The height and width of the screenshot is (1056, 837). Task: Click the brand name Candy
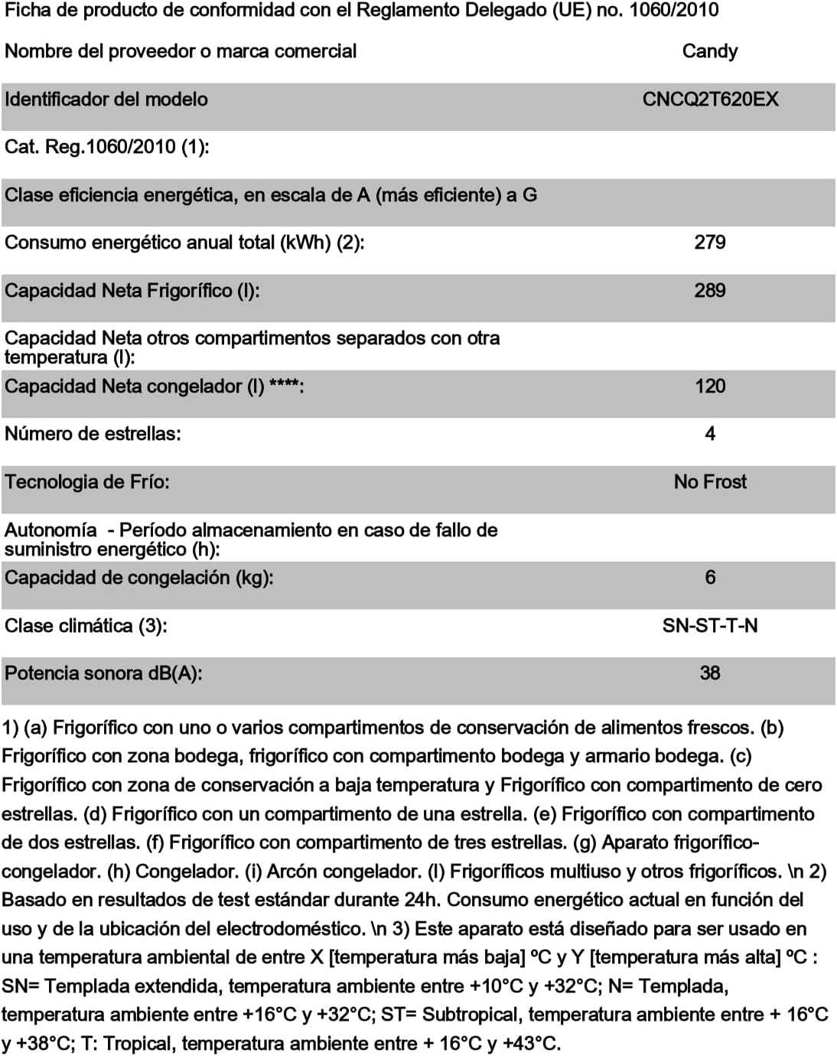pos(710,51)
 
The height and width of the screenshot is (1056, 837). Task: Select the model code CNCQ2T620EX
pos(710,99)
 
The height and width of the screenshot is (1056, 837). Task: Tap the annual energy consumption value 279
pos(710,243)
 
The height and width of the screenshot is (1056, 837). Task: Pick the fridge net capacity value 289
pos(710,291)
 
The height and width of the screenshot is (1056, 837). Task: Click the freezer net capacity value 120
pos(710,386)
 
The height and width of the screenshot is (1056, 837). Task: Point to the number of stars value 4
pos(710,434)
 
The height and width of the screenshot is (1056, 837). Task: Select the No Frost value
pos(710,482)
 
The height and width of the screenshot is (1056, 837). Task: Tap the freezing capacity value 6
pos(710,578)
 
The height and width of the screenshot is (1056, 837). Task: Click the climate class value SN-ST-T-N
pos(710,626)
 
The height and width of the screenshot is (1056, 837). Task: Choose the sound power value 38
pos(710,673)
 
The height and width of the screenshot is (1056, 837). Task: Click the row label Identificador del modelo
pos(106,99)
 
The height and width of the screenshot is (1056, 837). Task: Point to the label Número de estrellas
pos(93,434)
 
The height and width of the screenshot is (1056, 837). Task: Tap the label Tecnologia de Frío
pos(87,482)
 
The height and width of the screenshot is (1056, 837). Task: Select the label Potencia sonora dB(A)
pos(103,673)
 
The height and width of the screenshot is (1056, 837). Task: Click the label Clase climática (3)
pos(86,626)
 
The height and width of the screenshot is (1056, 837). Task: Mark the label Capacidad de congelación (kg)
pos(139,578)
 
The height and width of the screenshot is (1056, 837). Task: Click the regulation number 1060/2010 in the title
pos(673,10)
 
